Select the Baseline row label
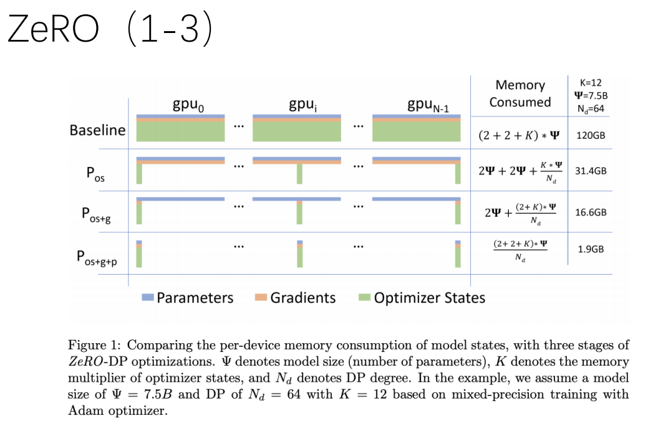click(x=97, y=131)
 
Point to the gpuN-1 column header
click(x=428, y=105)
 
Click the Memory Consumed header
click(x=520, y=93)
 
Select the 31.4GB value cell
click(x=590, y=171)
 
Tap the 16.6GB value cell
click(x=590, y=212)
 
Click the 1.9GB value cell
click(x=590, y=248)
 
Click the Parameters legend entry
click(x=188, y=298)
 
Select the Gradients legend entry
click(x=296, y=298)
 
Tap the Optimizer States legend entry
click(x=423, y=298)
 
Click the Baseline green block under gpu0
click(x=180, y=131)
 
